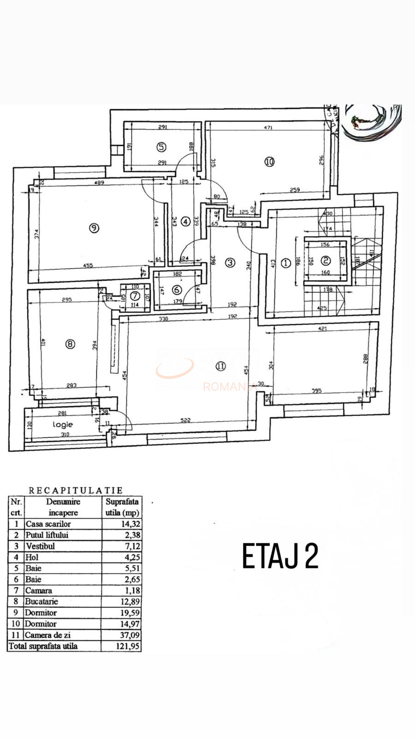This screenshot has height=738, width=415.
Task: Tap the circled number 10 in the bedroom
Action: pyautogui.click(x=269, y=161)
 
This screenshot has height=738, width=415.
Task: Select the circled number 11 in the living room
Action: pyautogui.click(x=220, y=366)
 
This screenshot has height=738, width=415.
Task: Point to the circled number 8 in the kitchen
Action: pyautogui.click(x=70, y=344)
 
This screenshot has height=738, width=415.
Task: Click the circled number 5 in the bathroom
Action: pyautogui.click(x=161, y=147)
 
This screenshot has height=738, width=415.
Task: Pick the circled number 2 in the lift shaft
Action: pyautogui.click(x=326, y=261)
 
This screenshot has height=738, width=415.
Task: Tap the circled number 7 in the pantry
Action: pyautogui.click(x=135, y=295)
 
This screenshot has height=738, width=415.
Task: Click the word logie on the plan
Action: pyautogui.click(x=62, y=424)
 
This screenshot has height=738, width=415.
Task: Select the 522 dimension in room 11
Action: pyautogui.click(x=185, y=420)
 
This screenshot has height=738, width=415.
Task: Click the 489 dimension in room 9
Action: pyautogui.click(x=99, y=183)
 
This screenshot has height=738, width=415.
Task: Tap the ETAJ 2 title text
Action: pyautogui.click(x=280, y=557)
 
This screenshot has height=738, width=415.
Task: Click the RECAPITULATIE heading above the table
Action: pyautogui.click(x=76, y=490)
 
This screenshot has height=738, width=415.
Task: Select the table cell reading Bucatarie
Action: pyautogui.click(x=42, y=601)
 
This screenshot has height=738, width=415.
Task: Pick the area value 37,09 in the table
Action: pyautogui.click(x=128, y=635)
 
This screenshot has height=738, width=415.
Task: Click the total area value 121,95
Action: pyautogui.click(x=128, y=646)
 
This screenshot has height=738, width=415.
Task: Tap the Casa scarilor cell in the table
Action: pyautogui.click(x=48, y=524)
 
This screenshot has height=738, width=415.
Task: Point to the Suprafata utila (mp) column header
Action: pyautogui.click(x=122, y=507)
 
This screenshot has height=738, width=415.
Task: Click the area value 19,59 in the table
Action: pyautogui.click(x=128, y=613)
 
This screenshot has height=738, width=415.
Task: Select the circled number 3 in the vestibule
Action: pyautogui.click(x=230, y=262)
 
